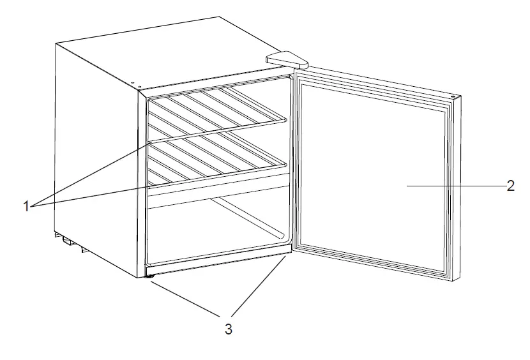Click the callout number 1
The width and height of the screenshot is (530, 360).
27,206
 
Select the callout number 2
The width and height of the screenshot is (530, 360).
510,186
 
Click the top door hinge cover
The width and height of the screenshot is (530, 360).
287,59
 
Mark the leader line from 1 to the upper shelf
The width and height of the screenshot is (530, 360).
89,173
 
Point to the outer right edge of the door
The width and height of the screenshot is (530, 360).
458,191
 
